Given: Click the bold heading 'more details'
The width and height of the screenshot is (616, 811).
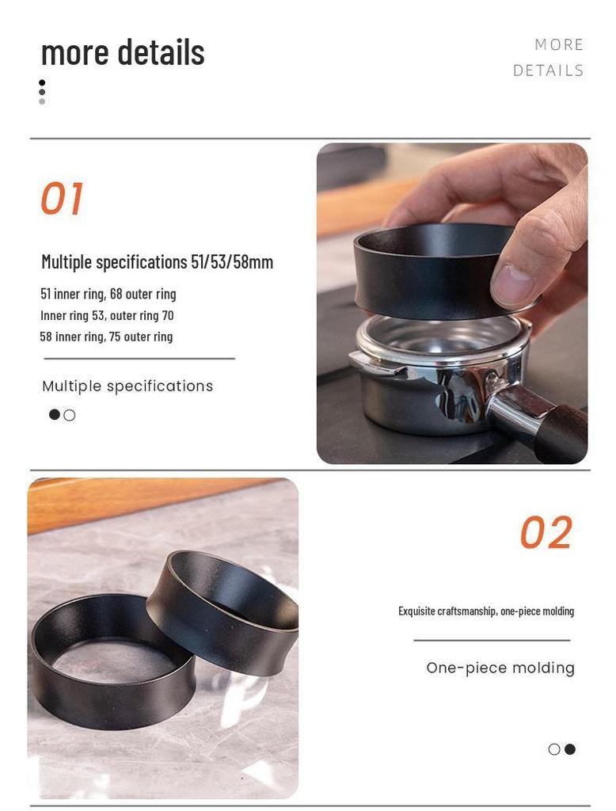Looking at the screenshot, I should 123,52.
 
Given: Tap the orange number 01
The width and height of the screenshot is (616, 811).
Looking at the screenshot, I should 62,199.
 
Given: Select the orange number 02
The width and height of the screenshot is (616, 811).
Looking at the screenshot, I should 546,533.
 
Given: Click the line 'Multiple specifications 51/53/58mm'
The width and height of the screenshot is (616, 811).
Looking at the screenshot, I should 157,262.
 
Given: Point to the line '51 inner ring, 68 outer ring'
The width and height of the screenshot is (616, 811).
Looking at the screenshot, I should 108,294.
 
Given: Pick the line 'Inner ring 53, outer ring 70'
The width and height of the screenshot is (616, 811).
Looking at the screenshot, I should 107,315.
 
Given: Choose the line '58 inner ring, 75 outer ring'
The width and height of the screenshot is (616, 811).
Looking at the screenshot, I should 106,337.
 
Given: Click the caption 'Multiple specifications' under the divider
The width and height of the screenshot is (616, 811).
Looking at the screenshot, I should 127,386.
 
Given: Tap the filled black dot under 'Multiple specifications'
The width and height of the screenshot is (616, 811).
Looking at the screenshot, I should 55,414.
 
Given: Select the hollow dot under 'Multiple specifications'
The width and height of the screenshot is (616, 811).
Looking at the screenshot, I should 70,415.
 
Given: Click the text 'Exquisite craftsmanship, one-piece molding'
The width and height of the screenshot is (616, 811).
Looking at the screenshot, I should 486,611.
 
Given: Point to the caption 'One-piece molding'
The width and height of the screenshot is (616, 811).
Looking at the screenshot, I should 500,668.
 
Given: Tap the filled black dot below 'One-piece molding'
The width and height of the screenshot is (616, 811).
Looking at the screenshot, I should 570,749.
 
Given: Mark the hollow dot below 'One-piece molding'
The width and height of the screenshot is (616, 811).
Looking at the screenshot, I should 554,749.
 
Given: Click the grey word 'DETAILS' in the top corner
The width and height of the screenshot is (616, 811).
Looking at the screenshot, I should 548,70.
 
